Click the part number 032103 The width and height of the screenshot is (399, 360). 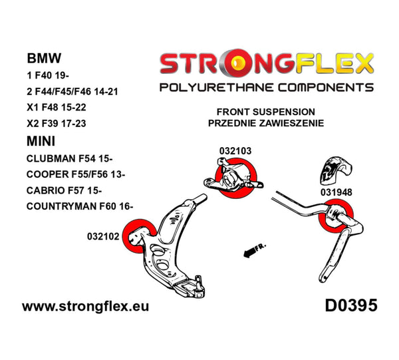click(234, 151)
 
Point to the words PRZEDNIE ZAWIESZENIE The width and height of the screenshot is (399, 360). click(266, 123)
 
